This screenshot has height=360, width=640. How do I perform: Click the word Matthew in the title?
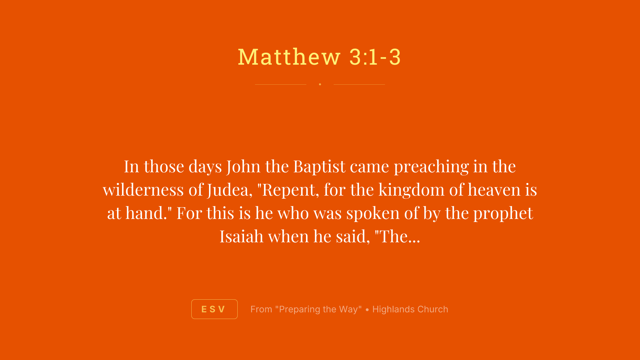pos(289,57)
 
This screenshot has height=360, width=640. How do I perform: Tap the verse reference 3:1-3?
pos(375,57)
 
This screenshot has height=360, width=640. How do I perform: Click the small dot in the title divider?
pos(320,84)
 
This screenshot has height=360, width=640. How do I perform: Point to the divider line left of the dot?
pos(280,84)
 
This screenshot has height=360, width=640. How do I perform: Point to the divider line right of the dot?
pos(359,84)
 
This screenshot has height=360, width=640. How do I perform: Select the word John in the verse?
pos(243,166)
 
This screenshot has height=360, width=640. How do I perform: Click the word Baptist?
pos(319,166)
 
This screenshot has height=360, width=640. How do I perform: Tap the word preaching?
pos(431,166)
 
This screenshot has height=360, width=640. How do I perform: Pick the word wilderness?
pos(143,190)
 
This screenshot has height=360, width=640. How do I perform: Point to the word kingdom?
pos(411,190)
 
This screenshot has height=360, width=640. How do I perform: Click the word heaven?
pos(494,190)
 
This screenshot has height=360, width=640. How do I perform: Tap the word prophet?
pos(503,213)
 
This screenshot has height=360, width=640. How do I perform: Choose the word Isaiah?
pos(241,236)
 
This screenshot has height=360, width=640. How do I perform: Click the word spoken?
pos(373,213)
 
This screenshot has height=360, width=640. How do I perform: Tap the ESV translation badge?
pos(214,309)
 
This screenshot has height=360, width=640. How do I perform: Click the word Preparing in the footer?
pos(300,309)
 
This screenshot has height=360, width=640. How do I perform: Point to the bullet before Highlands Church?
pos(367,310)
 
